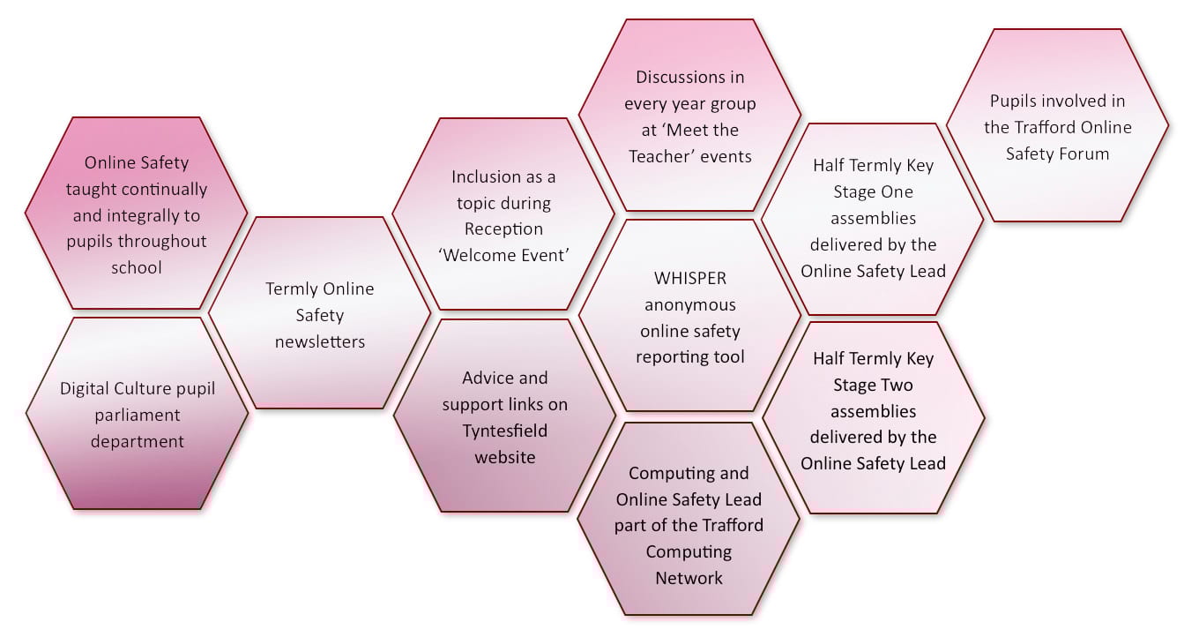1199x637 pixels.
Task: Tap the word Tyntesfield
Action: coord(505,431)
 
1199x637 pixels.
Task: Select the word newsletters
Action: coord(319,341)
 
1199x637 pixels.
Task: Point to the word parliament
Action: coord(137,415)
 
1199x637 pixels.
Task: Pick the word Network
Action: coord(689,578)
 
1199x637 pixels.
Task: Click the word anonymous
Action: coord(689,304)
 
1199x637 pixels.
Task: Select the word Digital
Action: coord(84,388)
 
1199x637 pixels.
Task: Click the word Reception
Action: coord(503,229)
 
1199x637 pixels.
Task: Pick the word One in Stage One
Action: coord(896,191)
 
